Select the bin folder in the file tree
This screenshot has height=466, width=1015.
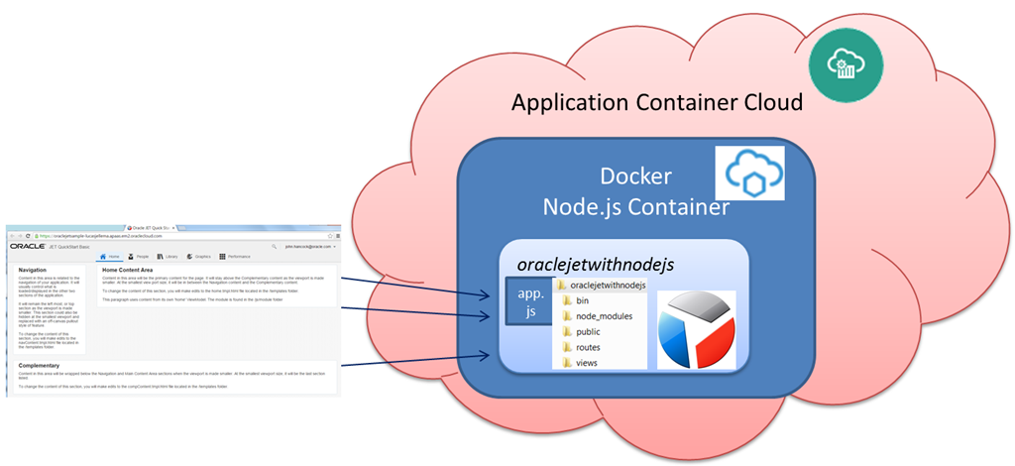click(x=582, y=300)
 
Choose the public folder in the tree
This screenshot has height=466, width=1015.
click(x=588, y=332)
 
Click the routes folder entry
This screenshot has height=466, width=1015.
click(x=588, y=348)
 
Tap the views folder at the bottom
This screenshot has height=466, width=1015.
click(x=586, y=363)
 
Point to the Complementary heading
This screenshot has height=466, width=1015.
click(x=41, y=366)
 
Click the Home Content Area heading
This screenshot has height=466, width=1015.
click(x=126, y=270)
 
